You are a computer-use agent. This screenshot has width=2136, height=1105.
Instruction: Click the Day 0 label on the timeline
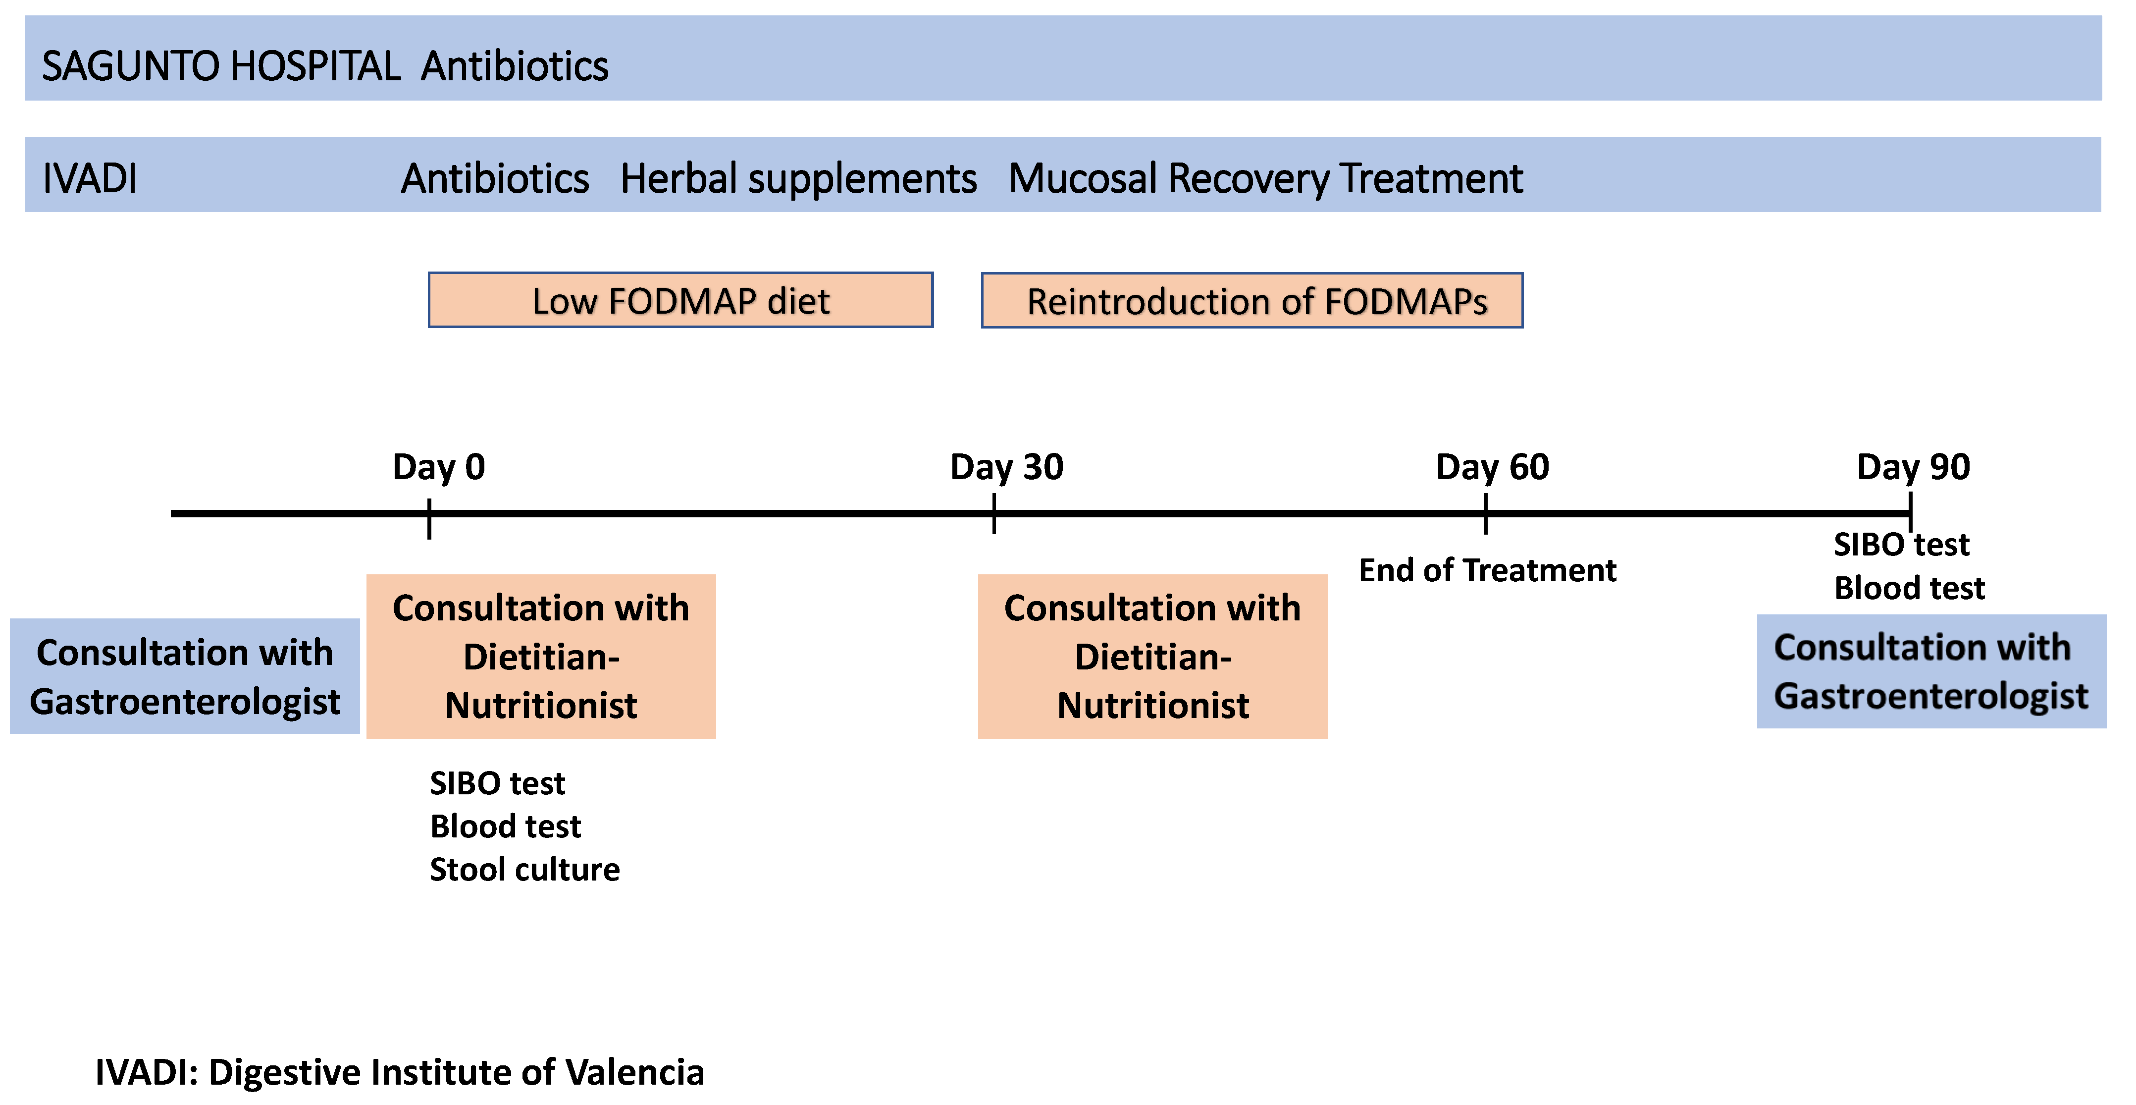[x=439, y=467]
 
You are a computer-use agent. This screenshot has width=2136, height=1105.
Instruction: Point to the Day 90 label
[x=1913, y=467]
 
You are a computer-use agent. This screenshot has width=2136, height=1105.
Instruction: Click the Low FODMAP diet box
[x=680, y=300]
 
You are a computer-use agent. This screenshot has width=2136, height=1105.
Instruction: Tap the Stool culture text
[x=524, y=870]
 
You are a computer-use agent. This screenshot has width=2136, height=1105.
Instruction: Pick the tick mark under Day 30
[x=993, y=513]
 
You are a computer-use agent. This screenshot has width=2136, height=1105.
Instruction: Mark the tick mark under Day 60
[x=1485, y=513]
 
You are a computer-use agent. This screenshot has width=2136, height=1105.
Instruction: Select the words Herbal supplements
[x=798, y=178]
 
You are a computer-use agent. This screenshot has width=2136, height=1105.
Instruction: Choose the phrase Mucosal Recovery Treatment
[x=1265, y=178]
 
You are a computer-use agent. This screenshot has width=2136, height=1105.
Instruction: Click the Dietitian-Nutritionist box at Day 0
[x=541, y=656]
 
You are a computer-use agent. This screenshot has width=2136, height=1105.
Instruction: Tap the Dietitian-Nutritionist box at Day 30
[x=1152, y=656]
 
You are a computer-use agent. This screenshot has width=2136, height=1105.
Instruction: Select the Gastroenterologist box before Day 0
[x=184, y=676]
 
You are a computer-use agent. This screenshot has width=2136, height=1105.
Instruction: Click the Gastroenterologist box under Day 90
[x=1930, y=671]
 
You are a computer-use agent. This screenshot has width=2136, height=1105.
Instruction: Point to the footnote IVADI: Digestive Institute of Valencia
[x=400, y=1072]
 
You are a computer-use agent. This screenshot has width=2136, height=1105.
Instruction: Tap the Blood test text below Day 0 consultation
[x=505, y=826]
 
